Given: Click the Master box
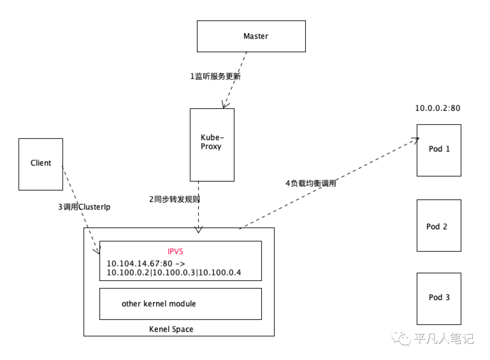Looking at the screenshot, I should [251, 36].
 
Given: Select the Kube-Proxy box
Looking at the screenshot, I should [212, 144].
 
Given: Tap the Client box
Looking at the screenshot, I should [41, 163].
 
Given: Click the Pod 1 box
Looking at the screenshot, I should [439, 150].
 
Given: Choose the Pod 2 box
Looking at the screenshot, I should [439, 226].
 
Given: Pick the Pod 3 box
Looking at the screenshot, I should [439, 298].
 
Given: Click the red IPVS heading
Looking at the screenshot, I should [175, 251].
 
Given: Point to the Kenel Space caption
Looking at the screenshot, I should [171, 329].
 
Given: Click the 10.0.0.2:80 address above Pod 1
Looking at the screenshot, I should [438, 108].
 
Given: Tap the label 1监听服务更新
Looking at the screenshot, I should [215, 76].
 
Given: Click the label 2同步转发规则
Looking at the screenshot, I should [175, 199].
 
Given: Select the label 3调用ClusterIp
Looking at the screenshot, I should [84, 207].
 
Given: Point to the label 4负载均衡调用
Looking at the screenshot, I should [311, 184].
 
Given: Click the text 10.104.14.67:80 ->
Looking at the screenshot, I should [145, 263].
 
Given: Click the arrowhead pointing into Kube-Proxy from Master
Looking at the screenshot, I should [224, 105].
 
